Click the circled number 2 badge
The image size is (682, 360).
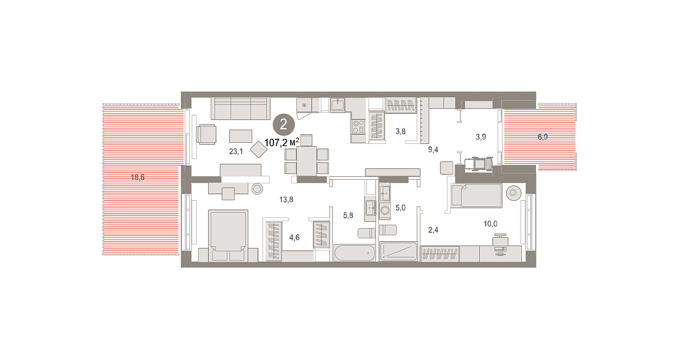[284, 124]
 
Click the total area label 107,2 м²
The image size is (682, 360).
[282, 142]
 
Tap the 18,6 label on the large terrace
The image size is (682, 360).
[138, 177]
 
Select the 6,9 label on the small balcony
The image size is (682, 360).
[543, 137]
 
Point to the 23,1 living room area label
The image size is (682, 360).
[236, 151]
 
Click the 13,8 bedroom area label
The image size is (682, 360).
[286, 200]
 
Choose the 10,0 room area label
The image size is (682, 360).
[490, 224]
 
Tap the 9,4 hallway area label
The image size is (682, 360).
[433, 150]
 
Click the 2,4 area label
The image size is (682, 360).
[433, 230]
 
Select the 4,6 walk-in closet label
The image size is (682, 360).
[294, 238]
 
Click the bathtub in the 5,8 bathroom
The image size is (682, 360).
[355, 253]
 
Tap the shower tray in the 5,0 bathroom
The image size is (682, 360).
[398, 251]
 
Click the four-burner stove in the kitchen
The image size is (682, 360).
[359, 127]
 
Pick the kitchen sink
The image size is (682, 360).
[338, 105]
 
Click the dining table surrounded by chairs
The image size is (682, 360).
[306, 161]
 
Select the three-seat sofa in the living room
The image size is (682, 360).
[240, 109]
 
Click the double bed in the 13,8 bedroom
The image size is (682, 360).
[228, 235]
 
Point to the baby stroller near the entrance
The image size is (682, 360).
[479, 164]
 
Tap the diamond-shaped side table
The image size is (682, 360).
[259, 149]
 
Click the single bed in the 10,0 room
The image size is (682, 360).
[476, 196]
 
